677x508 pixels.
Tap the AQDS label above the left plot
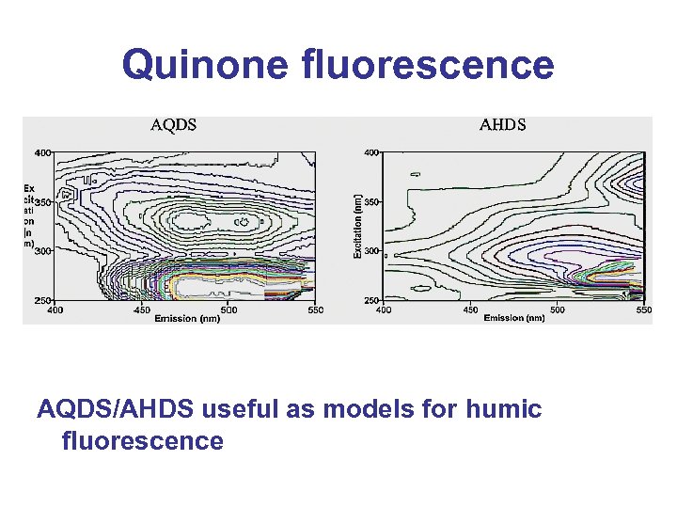click(174, 124)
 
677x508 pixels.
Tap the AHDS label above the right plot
click(503, 124)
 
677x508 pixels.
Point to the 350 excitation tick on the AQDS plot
click(42, 201)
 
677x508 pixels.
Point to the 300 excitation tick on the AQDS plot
click(42, 251)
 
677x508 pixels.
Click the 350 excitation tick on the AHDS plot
click(371, 201)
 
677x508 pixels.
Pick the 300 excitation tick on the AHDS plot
click(371, 251)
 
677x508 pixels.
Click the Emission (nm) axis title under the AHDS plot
click(514, 318)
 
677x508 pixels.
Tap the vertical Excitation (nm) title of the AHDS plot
click(358, 227)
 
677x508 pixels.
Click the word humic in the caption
click(505, 409)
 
